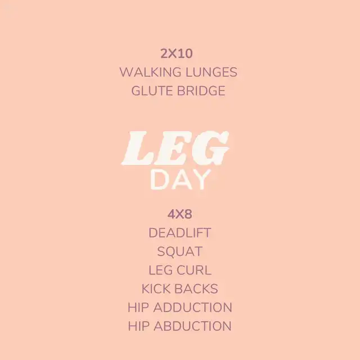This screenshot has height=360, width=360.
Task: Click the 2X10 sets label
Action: click(x=176, y=54)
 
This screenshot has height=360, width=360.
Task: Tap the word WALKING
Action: click(x=150, y=72)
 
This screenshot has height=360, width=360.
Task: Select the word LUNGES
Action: click(x=211, y=72)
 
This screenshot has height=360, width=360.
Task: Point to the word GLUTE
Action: click(x=152, y=91)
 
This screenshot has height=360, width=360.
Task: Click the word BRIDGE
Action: click(x=201, y=91)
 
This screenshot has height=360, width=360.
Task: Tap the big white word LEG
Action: click(x=175, y=148)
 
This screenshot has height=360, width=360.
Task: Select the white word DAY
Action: click(x=180, y=180)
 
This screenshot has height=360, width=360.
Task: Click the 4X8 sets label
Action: click(x=180, y=215)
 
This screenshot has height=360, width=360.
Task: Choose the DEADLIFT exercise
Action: click(x=180, y=233)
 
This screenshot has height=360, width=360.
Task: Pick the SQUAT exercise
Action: click(x=180, y=251)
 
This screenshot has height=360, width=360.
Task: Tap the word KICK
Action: click(x=156, y=289)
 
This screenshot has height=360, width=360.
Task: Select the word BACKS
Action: click(x=196, y=289)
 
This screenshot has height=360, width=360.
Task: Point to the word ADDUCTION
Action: click(x=193, y=308)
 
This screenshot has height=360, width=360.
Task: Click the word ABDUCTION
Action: click(x=192, y=326)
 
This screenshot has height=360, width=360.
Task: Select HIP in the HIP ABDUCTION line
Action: click(x=138, y=326)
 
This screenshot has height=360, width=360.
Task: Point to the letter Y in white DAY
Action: click(x=201, y=180)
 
